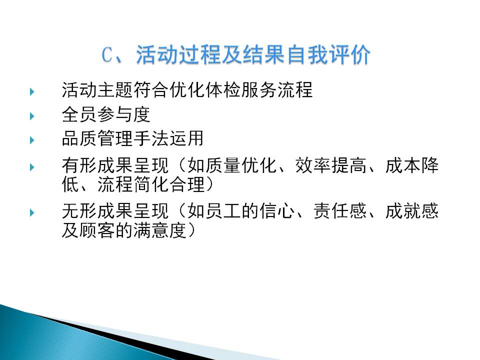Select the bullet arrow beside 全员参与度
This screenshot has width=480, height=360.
[32, 116]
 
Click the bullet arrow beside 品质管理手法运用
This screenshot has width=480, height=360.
[32, 140]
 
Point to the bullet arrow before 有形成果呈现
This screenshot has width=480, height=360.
[32, 167]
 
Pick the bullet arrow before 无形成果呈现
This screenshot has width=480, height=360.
[32, 213]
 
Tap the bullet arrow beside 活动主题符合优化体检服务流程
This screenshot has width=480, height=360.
[32, 91]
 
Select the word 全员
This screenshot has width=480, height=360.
[79, 114]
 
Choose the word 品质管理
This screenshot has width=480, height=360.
[97, 138]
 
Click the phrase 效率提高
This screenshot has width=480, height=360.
[330, 165]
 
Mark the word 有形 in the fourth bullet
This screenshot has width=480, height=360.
[79, 165]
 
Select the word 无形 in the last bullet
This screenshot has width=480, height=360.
[79, 211]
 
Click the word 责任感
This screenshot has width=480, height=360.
[340, 211]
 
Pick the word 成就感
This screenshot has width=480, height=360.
[411, 211]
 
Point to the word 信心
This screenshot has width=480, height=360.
[276, 211]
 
